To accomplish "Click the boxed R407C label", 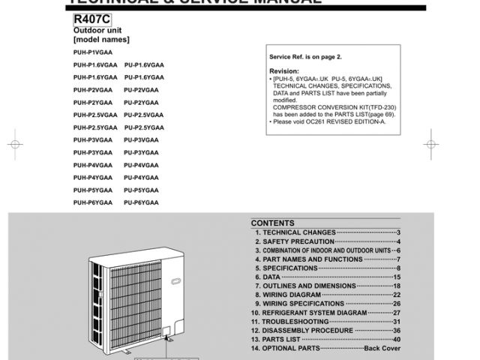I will tap(91, 18).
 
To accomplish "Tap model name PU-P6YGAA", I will tap(142, 203).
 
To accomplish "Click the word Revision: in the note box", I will tap(283, 71).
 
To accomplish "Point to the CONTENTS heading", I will tap(273, 223).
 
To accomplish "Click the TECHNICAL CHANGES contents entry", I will tap(293, 233).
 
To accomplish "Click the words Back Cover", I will tap(382, 348).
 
